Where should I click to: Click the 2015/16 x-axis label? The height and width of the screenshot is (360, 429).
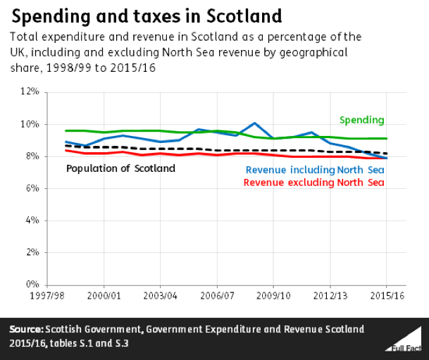tap(387, 296)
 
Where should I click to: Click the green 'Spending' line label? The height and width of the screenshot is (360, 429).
tap(362, 120)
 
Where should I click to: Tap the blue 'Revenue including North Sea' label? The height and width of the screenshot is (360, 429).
tap(315, 170)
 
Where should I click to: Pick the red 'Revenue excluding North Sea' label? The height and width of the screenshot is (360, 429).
tap(314, 182)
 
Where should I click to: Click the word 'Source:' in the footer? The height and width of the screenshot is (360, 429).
tap(27, 329)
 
